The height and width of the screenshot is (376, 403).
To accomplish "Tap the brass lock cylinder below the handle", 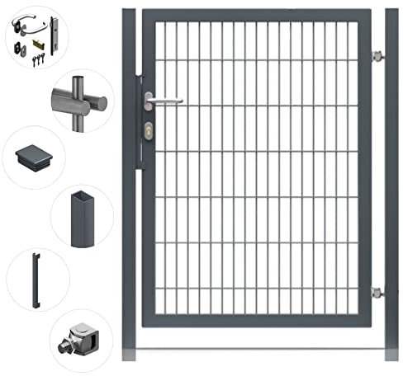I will (x=148, y=129).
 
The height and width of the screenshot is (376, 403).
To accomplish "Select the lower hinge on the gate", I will (x=377, y=291).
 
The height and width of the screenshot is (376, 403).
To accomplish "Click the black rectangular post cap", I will (x=33, y=155).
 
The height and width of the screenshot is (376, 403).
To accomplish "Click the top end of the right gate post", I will (x=391, y=12).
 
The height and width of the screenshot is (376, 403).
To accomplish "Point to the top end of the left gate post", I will (x=129, y=12).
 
